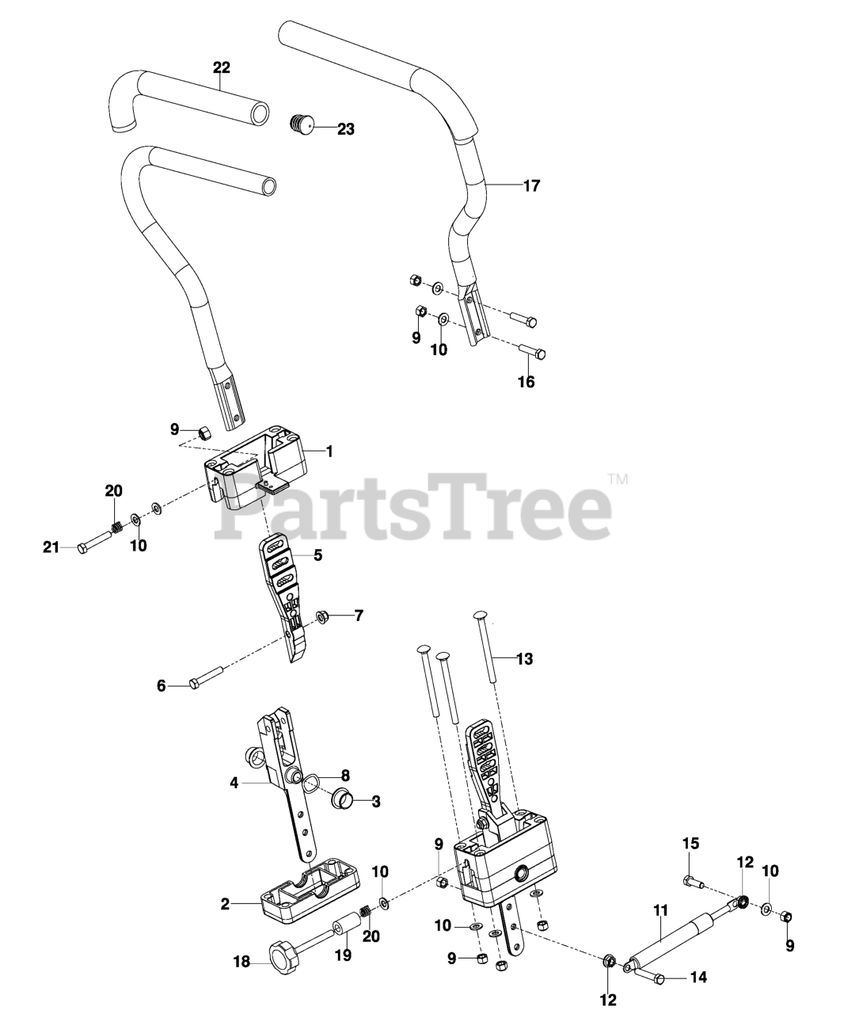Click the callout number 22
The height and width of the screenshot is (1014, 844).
point(221,67)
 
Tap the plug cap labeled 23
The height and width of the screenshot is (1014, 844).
point(300,124)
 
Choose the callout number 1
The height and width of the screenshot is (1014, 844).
point(329,452)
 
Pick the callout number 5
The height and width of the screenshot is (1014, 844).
point(317,555)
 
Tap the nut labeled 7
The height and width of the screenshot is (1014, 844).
point(323,615)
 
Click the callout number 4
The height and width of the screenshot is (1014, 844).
point(234,783)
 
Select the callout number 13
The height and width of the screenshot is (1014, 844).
point(524,658)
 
